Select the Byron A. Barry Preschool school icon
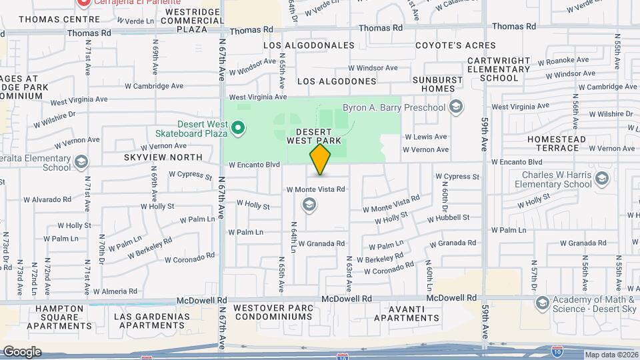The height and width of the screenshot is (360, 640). [x=456, y=107]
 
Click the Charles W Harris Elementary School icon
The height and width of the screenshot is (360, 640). [x=603, y=177]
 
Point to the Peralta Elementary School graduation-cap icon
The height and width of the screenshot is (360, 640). [x=81, y=162]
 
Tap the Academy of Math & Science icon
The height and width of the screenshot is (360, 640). [x=543, y=304]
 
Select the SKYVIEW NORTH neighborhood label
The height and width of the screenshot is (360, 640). [x=163, y=157]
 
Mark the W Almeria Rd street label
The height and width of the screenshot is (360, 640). [x=115, y=291]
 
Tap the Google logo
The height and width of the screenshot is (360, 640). [x=22, y=352]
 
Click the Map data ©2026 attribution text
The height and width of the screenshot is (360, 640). [x=611, y=355]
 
